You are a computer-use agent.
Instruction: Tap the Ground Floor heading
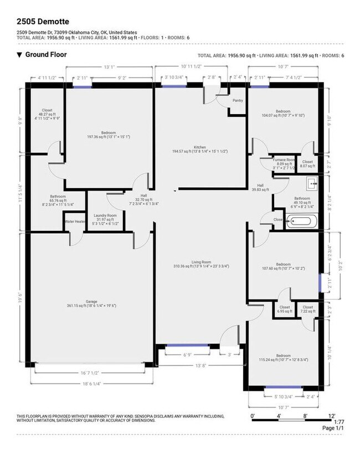click(x=45, y=55)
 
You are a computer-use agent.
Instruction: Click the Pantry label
click(x=238, y=101)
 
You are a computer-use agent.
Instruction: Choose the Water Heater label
click(x=76, y=221)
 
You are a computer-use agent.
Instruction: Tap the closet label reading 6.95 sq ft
click(x=285, y=309)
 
